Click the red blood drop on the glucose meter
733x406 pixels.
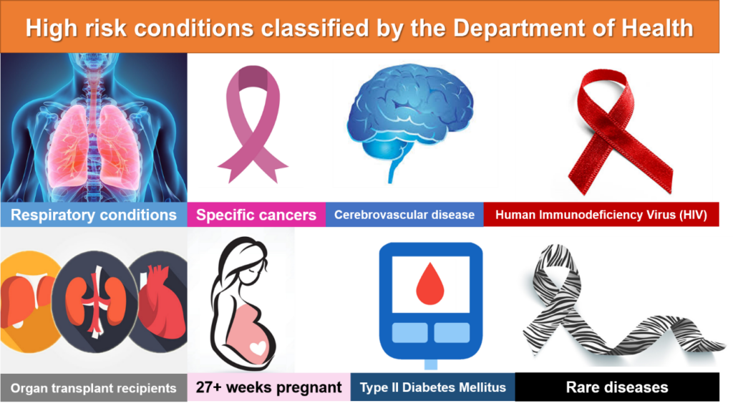click(430, 284)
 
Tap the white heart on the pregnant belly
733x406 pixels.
click(258, 348)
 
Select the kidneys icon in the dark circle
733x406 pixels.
click(95, 301)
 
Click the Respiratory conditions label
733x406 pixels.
click(94, 215)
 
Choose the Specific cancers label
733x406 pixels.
click(256, 215)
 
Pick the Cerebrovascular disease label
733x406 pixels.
click(404, 215)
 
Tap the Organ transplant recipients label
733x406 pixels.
click(94, 388)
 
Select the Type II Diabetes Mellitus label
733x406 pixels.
click(433, 387)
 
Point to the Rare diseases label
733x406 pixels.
click(617, 387)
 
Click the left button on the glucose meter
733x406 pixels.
click(410, 333)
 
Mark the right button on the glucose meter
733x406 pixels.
click(452, 333)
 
